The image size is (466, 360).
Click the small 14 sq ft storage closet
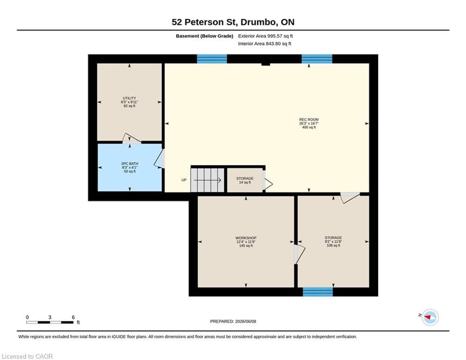pos(245,180)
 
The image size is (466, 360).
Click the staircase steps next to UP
pos(207,180)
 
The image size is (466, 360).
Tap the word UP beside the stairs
pos(184,180)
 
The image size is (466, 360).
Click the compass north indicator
pos(430,317)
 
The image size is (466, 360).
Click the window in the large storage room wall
pos(318,292)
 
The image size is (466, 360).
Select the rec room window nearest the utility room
pos(212,59)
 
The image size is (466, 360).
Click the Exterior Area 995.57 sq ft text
pos(266,36)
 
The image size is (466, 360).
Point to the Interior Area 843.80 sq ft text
pos(265,44)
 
